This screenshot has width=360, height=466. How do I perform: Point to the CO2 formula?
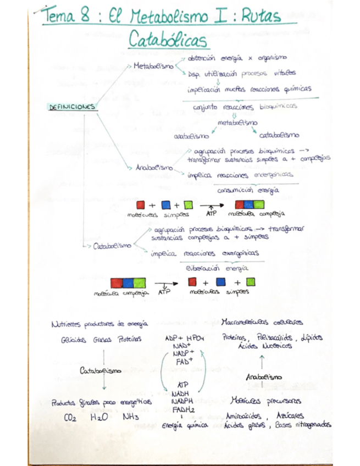[70, 418]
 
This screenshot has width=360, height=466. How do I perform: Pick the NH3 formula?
[131, 418]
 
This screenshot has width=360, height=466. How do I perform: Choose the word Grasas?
[102, 340]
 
